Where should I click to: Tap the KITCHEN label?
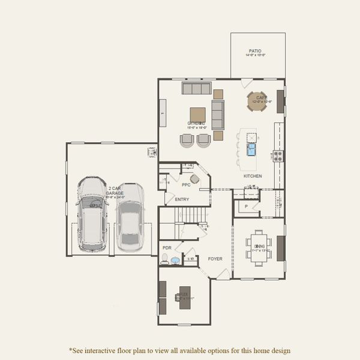pyautogui.click(x=253, y=176)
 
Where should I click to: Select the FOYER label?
pyautogui.click(x=215, y=259)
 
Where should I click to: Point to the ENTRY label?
pyautogui.click(x=182, y=199)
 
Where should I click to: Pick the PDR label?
pyautogui.click(x=167, y=247)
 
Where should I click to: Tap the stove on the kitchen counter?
pyautogui.click(x=278, y=155)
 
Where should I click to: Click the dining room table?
pyautogui.click(x=259, y=246)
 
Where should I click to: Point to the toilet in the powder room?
pyautogui.click(x=164, y=259)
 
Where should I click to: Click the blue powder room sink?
pyautogui.click(x=175, y=261)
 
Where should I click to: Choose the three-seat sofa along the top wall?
pyautogui.click(x=197, y=89)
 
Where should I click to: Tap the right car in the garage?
pyautogui.click(x=130, y=217)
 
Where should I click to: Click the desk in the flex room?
pyautogui.click(x=184, y=296)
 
